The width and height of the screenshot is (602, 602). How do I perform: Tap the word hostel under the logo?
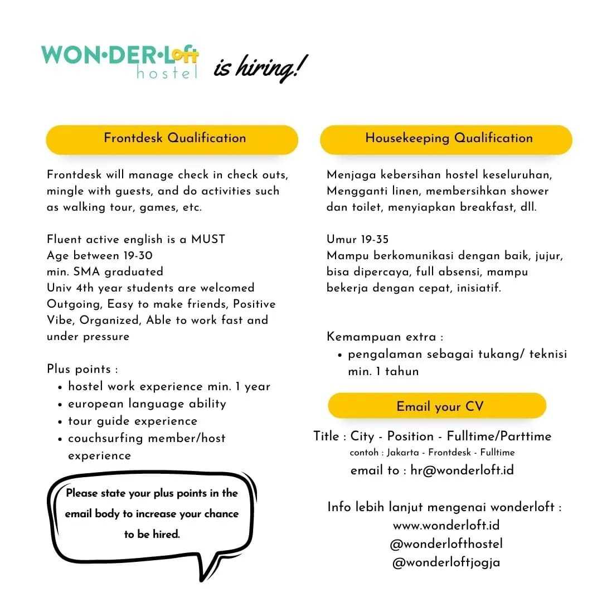coord(167,72)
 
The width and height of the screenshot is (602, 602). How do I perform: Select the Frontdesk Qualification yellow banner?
coord(172,139)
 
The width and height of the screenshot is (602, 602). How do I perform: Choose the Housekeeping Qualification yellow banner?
coord(446,139)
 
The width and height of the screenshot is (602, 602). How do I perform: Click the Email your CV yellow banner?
coord(438,406)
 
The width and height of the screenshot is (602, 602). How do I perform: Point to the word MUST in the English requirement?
coord(208,240)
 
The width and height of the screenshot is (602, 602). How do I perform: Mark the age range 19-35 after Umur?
coord(375,240)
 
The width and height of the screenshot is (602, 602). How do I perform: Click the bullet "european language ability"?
coord(147,404)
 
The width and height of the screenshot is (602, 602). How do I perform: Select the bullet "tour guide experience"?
coord(133,421)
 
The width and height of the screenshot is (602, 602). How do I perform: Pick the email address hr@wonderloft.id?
coord(462,470)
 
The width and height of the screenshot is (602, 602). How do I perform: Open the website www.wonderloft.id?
coord(446,525)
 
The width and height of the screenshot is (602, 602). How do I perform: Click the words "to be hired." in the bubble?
coord(152,534)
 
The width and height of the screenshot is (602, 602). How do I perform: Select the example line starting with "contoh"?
coord(432,452)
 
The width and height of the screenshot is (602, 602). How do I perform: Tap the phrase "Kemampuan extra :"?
coord(385,337)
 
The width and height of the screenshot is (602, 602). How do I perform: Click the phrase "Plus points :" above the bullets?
coord(82,369)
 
